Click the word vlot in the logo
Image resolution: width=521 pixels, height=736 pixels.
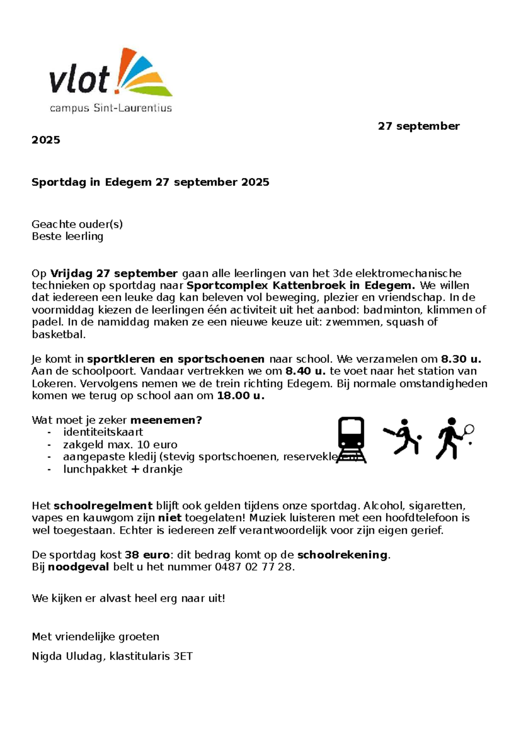coord(79,80)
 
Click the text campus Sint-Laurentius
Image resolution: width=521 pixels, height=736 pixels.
coord(111,108)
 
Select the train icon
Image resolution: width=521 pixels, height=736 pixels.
coord(351,439)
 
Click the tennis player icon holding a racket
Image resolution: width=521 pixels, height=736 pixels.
coord(454,438)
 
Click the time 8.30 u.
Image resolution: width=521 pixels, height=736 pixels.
coord(461,359)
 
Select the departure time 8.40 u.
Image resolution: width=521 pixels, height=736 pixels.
coord(305,371)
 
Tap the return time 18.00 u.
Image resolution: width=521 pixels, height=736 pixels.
coord(241,396)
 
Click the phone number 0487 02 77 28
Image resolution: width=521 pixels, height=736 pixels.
coord(254,567)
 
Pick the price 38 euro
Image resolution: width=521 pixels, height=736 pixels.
coord(147,555)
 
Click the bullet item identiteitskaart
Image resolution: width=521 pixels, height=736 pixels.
coord(103,432)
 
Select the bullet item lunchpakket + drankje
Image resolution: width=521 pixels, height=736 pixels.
coord(122,470)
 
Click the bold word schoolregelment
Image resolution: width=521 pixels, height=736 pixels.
coord(103,506)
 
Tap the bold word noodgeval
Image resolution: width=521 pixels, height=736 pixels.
coord(78,567)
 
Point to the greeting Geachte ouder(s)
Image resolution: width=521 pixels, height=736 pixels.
coord(77,224)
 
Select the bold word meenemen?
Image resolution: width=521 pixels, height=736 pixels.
coord(166,420)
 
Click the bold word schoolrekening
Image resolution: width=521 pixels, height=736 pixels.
coord(342,555)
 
